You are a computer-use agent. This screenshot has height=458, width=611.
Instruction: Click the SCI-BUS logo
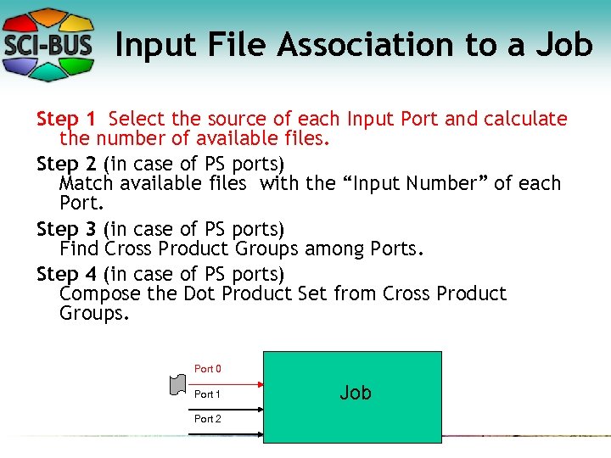pos(49,43)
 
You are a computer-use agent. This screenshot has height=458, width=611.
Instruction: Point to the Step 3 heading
pos(67,228)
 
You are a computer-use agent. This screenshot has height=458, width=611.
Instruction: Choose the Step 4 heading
pos(67,273)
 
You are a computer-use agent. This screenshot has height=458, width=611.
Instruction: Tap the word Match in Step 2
pos(86,182)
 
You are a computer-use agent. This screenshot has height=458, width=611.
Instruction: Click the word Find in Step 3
pos(80,249)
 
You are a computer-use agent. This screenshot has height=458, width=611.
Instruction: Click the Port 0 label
pos(208,369)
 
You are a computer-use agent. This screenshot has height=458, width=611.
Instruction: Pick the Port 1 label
pos(208,394)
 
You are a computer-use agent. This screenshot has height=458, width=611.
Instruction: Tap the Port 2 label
pos(208,419)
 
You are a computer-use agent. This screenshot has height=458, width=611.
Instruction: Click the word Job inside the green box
pos(356,393)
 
